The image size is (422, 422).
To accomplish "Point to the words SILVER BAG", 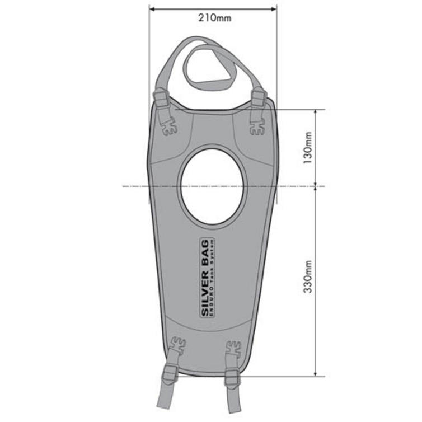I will click(205, 277).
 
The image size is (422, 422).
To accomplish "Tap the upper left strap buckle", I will click(161, 99).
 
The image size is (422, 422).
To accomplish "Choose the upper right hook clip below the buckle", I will click(256, 128).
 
